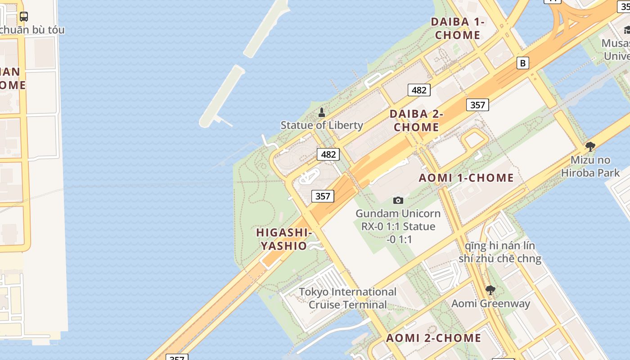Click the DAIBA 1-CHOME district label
pyautogui.click(x=458, y=28)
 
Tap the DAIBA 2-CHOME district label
pyautogui.click(x=416, y=121)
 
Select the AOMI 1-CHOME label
pyautogui.click(x=466, y=178)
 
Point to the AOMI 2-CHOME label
pyautogui.click(x=433, y=338)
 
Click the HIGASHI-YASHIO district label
pyautogui.click(x=284, y=239)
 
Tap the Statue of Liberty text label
pyautogui.click(x=322, y=125)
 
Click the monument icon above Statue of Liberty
pyautogui.click(x=322, y=112)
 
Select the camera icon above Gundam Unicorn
pyautogui.click(x=398, y=200)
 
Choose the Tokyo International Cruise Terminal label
pyautogui.click(x=348, y=298)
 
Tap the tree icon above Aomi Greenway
pyautogui.click(x=490, y=290)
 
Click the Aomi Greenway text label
pyautogui.click(x=490, y=304)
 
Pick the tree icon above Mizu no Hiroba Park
pyautogui.click(x=590, y=147)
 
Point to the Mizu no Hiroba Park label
pyautogui.click(x=590, y=166)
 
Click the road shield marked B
pyautogui.click(x=522, y=63)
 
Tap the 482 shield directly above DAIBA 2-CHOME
pyautogui.click(x=419, y=90)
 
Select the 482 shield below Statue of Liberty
pyautogui.click(x=328, y=154)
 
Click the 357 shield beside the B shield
pyautogui.click(x=477, y=105)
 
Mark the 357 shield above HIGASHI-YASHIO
pyautogui.click(x=323, y=196)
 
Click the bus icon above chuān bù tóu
pyautogui.click(x=24, y=17)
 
